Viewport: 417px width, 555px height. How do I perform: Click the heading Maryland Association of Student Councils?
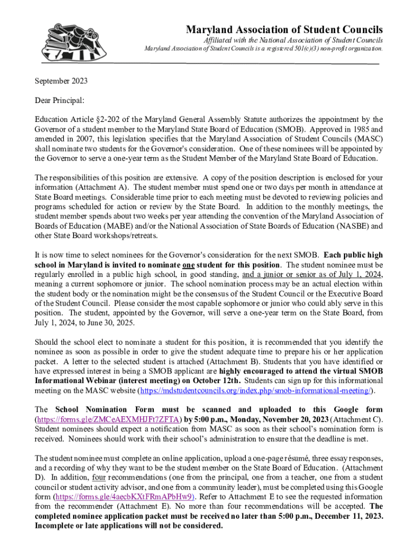[x=284, y=29]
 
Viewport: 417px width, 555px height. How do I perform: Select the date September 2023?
[x=61, y=81]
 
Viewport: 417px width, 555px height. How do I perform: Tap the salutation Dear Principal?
[x=60, y=100]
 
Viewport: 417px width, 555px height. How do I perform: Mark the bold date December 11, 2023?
[x=349, y=516]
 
